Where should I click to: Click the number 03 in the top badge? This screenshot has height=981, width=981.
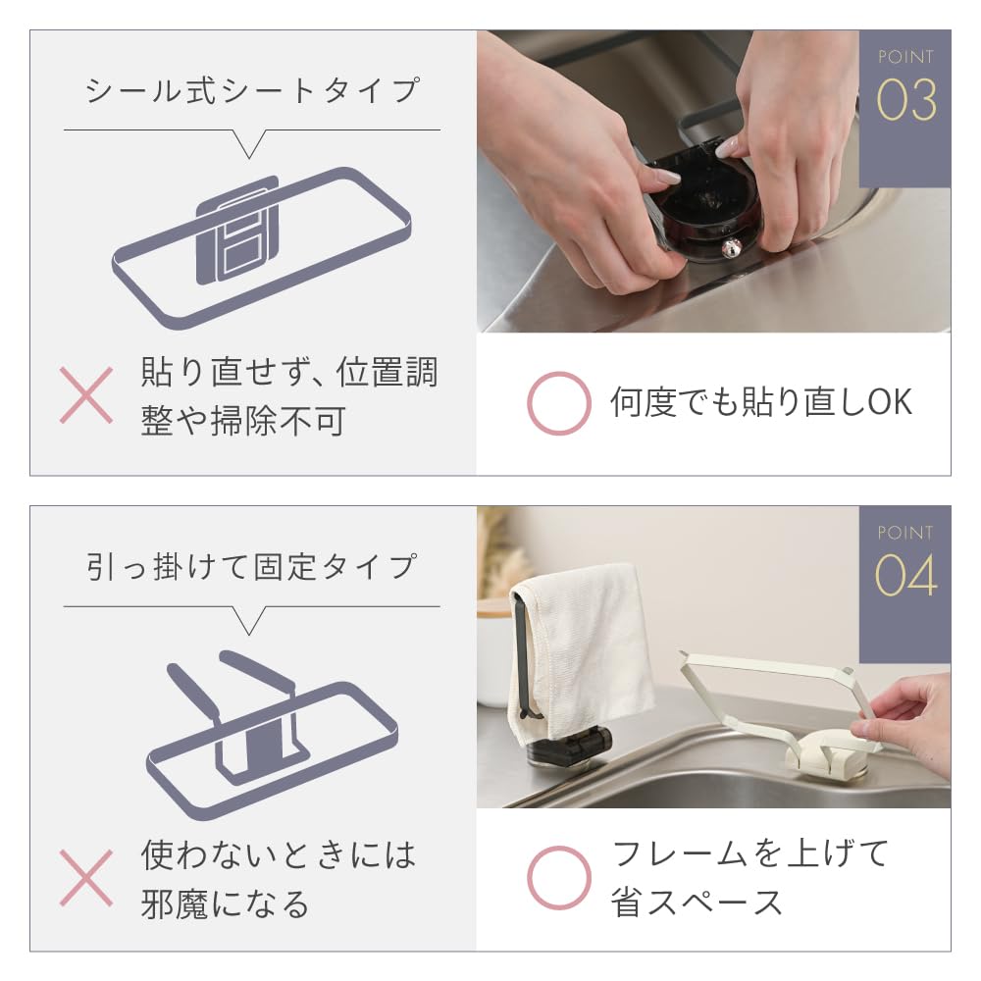point(905,100)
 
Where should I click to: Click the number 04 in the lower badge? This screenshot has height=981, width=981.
point(905,575)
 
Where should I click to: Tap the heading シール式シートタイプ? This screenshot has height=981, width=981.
point(251,90)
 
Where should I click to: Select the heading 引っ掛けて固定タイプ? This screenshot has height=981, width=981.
point(251,567)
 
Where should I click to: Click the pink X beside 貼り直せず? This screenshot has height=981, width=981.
point(86,395)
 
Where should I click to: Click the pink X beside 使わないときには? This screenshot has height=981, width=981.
point(86,878)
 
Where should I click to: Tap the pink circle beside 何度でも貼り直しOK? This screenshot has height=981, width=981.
point(559,403)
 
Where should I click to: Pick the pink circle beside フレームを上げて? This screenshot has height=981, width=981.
point(559,878)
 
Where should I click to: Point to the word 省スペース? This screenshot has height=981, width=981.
point(697,903)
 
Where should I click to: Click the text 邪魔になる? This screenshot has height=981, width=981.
point(225,904)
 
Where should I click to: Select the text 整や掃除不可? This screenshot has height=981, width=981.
point(242,421)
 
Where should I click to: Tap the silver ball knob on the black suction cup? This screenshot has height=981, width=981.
point(732,248)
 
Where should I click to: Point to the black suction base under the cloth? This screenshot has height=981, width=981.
point(569,749)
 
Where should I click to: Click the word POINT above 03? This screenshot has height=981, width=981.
point(905,57)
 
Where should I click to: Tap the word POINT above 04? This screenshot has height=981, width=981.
point(905,533)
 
